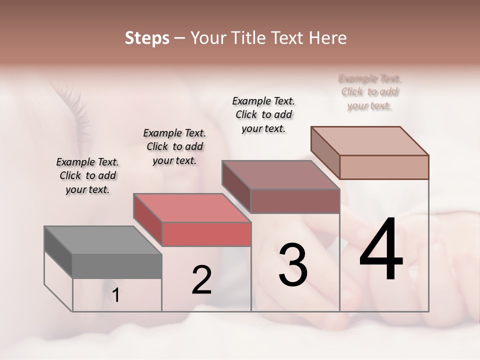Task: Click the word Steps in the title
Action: point(147,38)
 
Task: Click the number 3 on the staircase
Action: point(293,265)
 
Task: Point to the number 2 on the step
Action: point(201,280)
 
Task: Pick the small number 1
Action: point(116,295)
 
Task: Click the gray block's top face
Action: point(102,240)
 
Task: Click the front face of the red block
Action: point(206,234)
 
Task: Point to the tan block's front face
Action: point(384,167)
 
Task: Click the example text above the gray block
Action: point(87,175)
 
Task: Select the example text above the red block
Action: point(174,146)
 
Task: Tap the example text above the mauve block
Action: point(263,114)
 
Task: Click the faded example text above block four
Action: point(370,92)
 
